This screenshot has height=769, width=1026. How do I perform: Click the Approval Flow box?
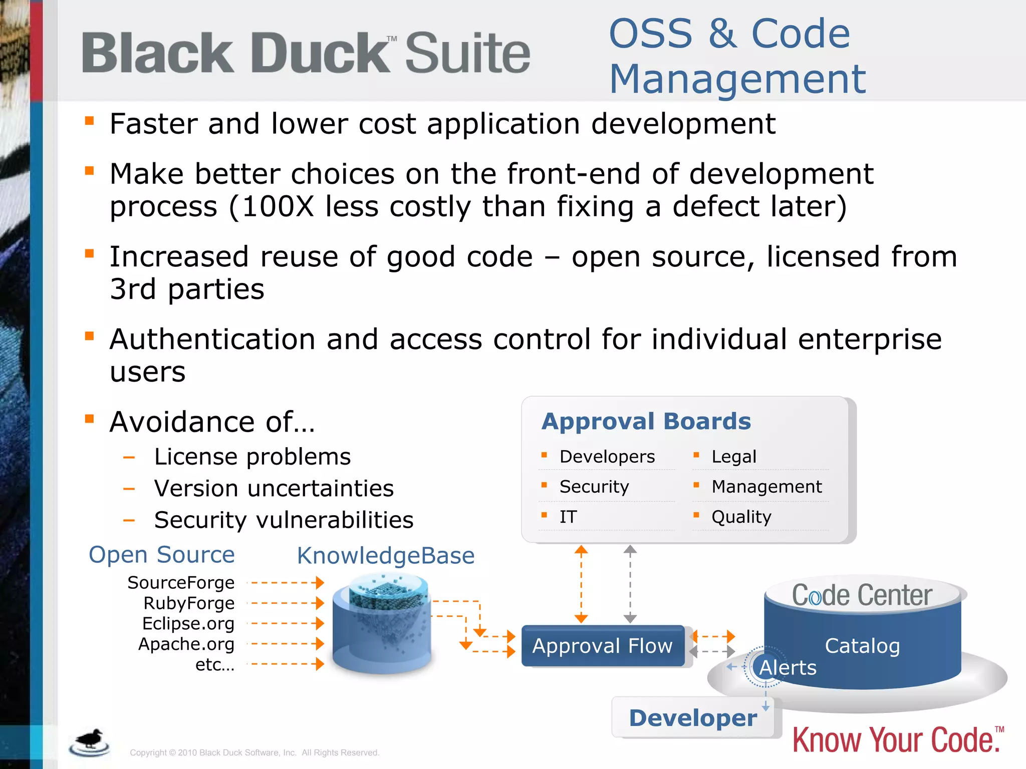[603, 646]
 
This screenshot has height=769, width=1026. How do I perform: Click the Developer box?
[693, 718]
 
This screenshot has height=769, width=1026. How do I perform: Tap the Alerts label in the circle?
[787, 668]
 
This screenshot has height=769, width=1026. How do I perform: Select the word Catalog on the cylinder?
[862, 646]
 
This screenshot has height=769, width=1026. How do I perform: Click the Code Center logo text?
[862, 595]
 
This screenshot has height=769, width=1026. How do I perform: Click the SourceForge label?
[181, 583]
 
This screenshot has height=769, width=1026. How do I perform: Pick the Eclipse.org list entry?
[188, 624]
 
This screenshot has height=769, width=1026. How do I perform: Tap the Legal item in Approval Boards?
[733, 457]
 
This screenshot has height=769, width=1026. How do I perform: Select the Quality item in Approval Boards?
[741, 517]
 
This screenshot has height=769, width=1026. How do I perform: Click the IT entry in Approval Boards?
[568, 517]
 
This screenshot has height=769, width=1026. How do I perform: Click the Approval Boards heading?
[646, 422]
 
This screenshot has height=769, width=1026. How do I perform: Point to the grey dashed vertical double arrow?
[630, 584]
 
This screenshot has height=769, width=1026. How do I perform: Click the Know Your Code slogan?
[895, 740]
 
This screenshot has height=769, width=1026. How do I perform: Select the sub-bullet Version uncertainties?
[274, 489]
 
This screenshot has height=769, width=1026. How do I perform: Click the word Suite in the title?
[467, 53]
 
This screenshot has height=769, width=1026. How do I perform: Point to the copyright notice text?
[254, 752]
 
